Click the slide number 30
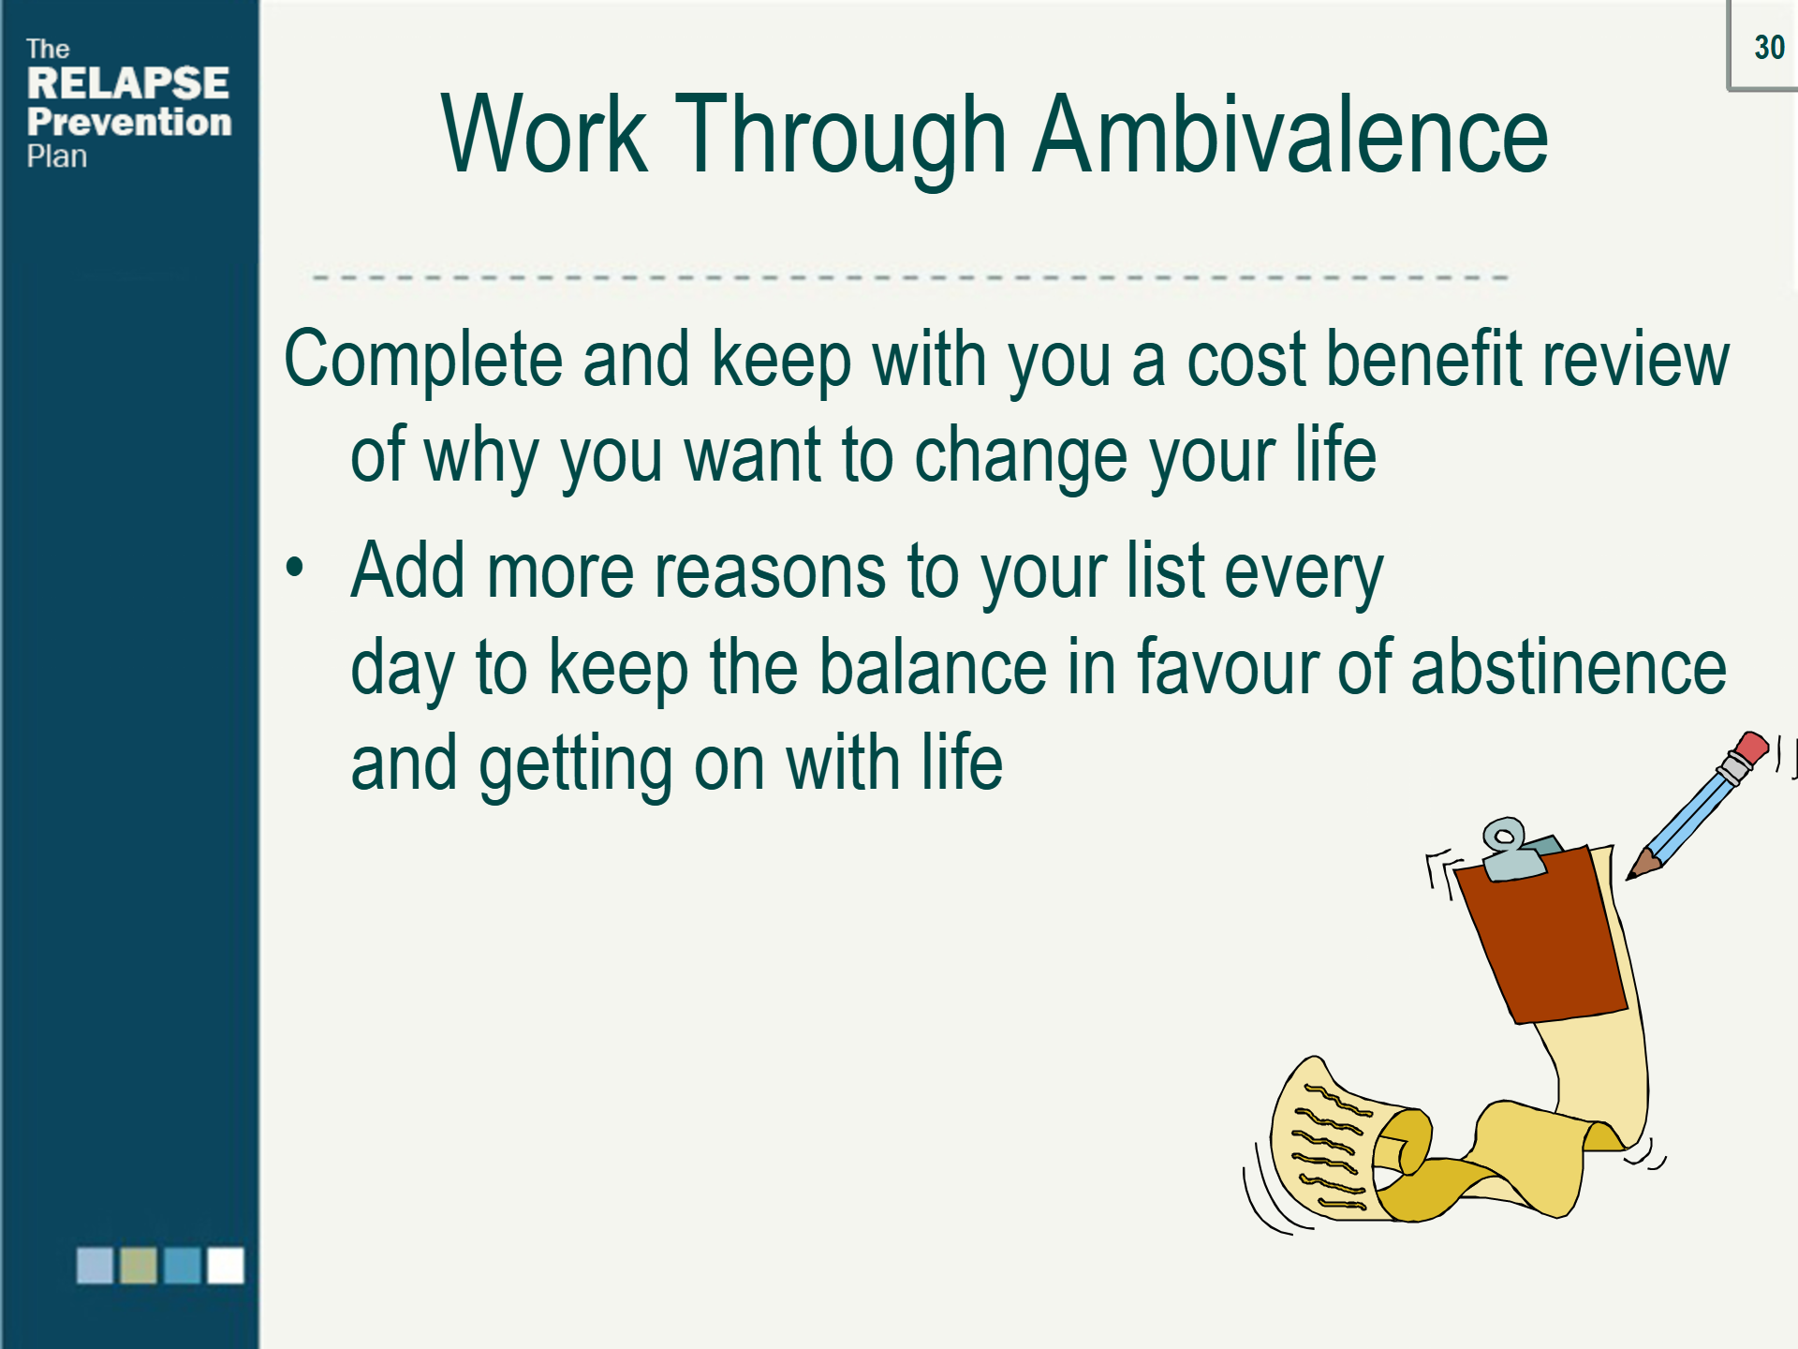click(x=1769, y=47)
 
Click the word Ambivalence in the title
click(x=1290, y=136)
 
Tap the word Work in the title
click(x=544, y=136)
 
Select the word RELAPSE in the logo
click(x=128, y=83)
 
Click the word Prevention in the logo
click(x=129, y=122)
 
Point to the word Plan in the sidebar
click(x=57, y=156)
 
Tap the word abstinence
click(x=1569, y=667)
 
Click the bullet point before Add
click(x=295, y=567)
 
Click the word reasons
click(x=770, y=572)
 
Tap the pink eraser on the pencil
click(x=1751, y=749)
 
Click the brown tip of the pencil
click(x=1642, y=866)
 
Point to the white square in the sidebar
click(x=226, y=1266)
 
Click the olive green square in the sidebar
click(x=139, y=1266)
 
